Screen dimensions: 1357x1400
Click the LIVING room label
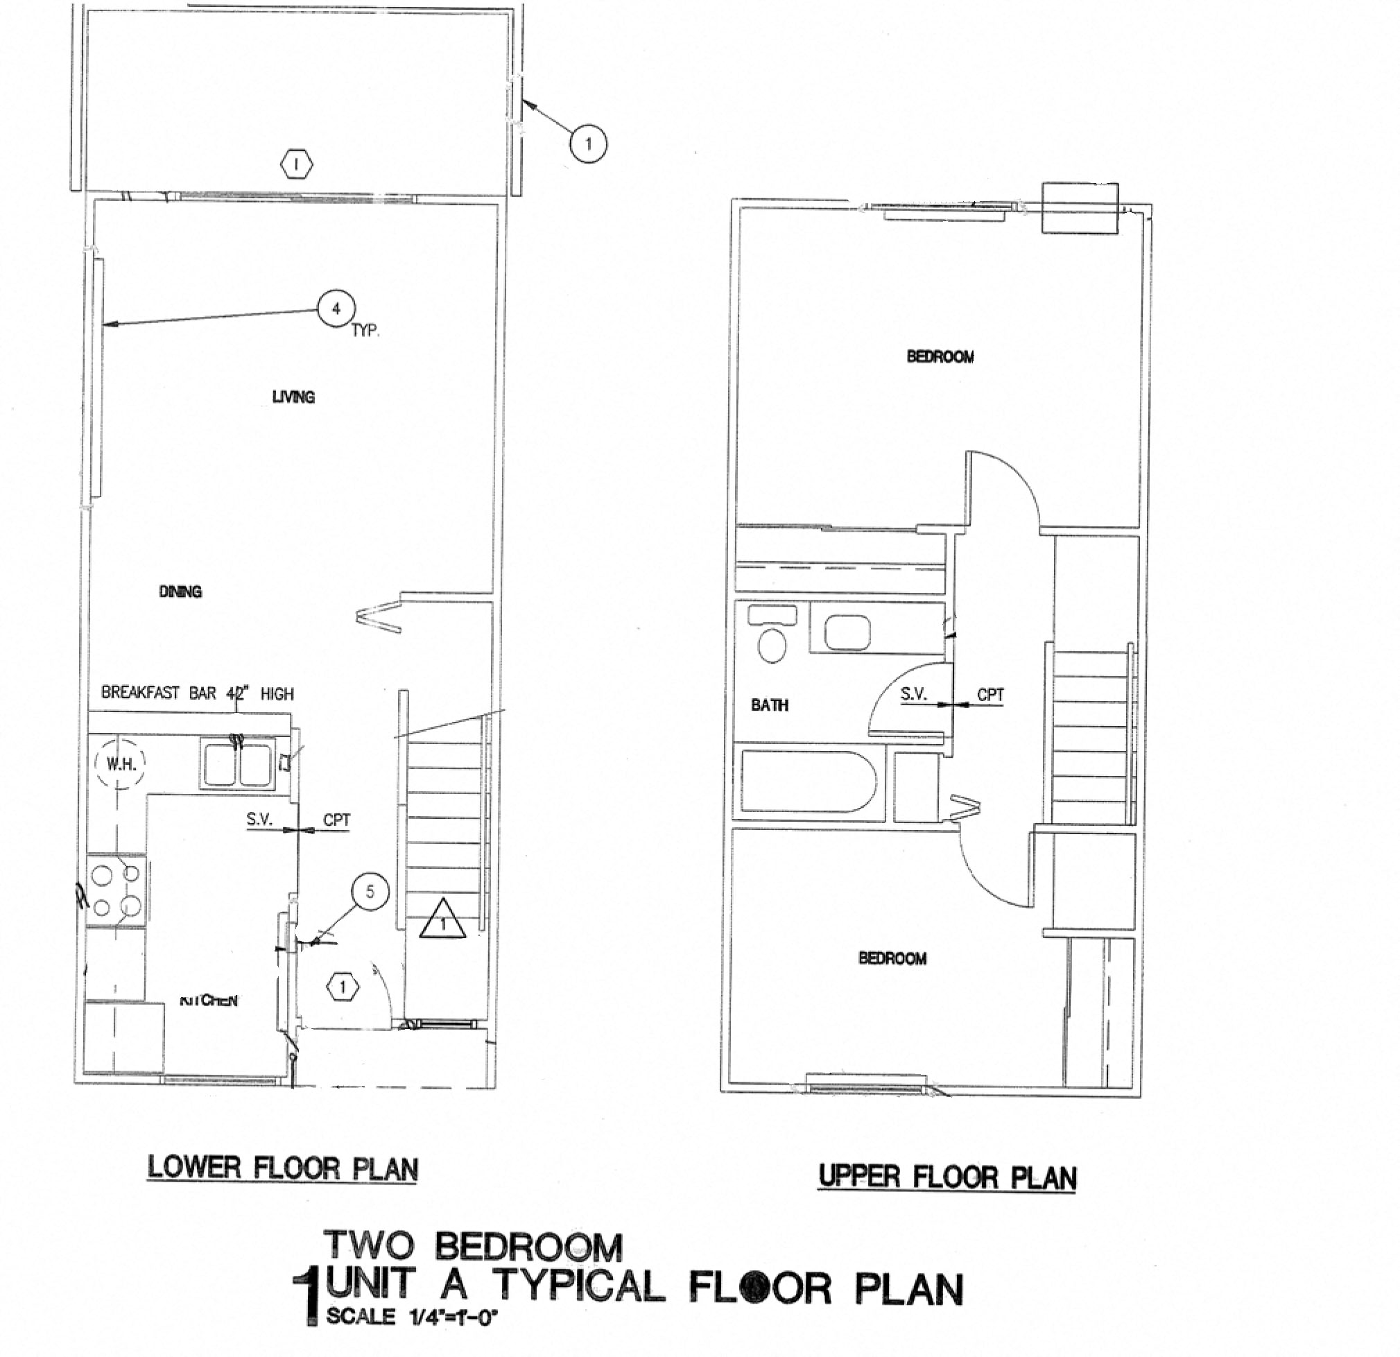click(x=293, y=397)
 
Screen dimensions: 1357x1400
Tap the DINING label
click(x=180, y=591)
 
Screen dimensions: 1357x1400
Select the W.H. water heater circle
click(x=120, y=763)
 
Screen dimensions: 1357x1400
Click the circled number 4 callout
click(x=336, y=309)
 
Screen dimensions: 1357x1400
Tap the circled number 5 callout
click(x=370, y=891)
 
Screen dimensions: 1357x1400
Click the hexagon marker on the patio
click(x=297, y=165)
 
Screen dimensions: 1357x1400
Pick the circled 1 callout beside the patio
click(x=588, y=144)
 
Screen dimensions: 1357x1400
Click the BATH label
click(x=769, y=705)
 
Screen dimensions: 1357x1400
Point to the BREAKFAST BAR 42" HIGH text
click(x=197, y=693)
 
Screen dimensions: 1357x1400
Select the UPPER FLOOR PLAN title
click(x=947, y=1176)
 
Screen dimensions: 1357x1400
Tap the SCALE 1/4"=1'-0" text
click(x=410, y=1316)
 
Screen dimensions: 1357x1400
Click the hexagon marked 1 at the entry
click(x=343, y=987)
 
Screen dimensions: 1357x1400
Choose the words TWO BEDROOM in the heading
click(x=473, y=1246)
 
